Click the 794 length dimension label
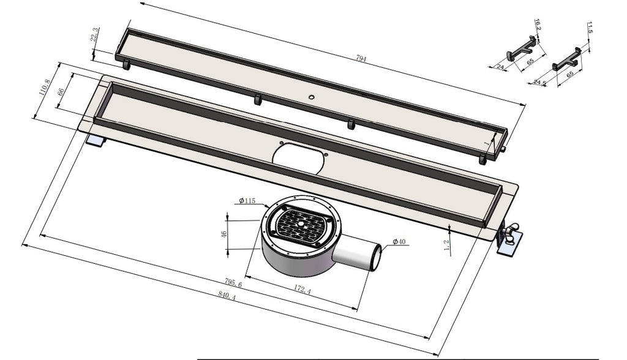(x=361, y=59)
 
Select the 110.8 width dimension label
(x=44, y=87)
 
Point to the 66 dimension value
(x=61, y=91)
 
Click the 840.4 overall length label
(x=227, y=295)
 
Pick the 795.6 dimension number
(x=233, y=283)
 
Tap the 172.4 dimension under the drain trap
(x=302, y=289)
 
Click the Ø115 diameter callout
(x=247, y=201)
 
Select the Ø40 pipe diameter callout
(x=399, y=242)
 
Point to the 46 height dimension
(x=224, y=234)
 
